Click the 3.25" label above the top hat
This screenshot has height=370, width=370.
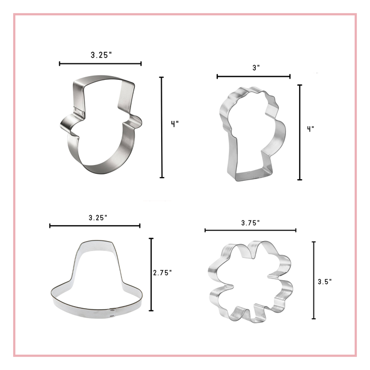tap(100, 54)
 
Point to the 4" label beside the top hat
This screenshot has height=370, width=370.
tap(174, 124)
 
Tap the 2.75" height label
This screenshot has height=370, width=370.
tap(162, 273)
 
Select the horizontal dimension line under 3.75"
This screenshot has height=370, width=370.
tap(251, 230)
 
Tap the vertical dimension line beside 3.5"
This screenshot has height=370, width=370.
tap(314, 280)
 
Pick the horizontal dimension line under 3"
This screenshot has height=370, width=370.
tap(254, 77)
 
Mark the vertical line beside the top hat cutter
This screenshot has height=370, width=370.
tap(162, 127)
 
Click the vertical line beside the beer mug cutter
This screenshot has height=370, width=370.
tap(300, 132)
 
